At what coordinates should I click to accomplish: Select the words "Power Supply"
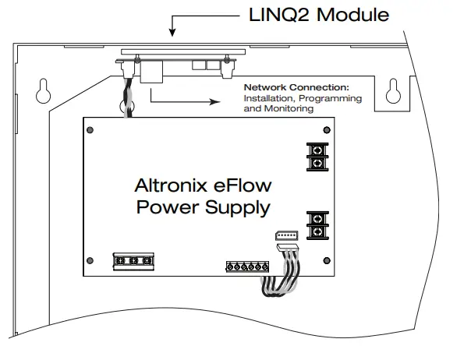coord(203,207)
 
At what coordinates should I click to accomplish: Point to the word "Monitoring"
coord(289,109)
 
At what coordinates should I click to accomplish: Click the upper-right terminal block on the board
coord(317,155)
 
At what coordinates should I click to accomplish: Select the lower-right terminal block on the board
coord(317,224)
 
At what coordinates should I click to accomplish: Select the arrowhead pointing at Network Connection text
coord(216,100)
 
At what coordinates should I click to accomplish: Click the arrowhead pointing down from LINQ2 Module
coord(172,33)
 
